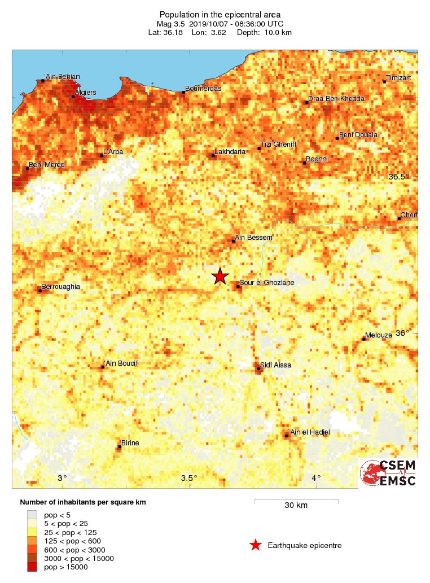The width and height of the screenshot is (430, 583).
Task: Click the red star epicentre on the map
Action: [220, 276]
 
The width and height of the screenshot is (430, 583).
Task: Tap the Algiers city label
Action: [85, 93]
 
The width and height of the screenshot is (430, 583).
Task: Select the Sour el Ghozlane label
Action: [267, 283]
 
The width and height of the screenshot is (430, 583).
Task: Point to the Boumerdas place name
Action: [203, 89]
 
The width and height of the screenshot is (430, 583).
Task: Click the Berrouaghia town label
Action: [61, 287]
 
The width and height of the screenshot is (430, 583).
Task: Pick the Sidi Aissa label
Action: [276, 365]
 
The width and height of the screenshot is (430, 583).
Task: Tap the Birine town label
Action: [130, 443]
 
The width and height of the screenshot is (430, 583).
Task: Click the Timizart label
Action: [399, 77]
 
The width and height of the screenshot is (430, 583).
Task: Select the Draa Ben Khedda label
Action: [336, 99]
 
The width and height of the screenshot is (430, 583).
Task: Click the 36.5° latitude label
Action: [400, 177]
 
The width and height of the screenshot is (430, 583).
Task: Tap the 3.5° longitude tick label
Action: [189, 478]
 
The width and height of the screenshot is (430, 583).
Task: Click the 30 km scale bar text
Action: [296, 506]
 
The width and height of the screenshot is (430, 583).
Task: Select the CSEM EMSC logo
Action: [389, 473]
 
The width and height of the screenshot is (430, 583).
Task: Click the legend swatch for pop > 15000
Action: [32, 567]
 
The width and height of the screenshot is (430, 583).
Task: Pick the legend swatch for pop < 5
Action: [32, 515]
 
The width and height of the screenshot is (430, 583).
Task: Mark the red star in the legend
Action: [256, 545]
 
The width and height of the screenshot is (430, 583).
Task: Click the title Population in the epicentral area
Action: [220, 15]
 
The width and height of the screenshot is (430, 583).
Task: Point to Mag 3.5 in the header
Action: [170, 24]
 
